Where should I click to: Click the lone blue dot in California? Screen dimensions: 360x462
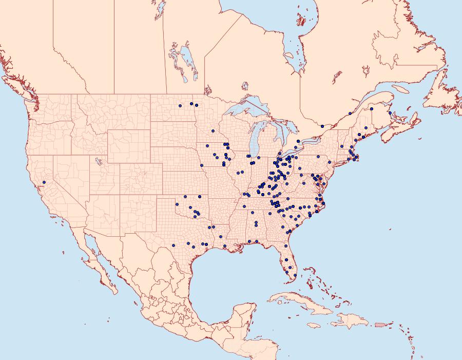click(44, 182)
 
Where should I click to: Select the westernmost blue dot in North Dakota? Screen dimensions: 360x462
click(180, 106)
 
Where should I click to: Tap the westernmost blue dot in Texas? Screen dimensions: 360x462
click(174, 245)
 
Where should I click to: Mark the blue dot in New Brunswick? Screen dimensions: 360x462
click(390, 113)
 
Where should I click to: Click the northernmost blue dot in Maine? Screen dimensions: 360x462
click(372, 109)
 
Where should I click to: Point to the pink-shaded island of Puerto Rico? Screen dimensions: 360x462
click(379, 324)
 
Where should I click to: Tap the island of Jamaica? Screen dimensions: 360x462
click(314, 325)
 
